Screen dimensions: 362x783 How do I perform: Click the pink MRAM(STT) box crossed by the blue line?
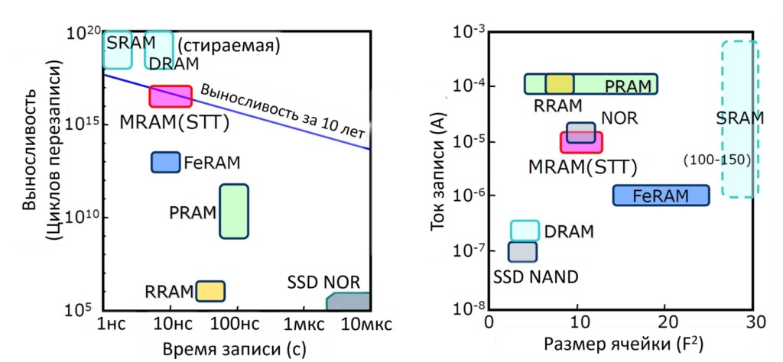170,96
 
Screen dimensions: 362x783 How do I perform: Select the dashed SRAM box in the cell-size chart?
739,119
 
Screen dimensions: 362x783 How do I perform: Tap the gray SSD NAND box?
523,250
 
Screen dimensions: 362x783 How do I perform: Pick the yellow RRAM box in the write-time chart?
210,291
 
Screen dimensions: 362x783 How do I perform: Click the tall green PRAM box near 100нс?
234,212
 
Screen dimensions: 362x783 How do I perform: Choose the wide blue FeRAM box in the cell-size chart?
661,196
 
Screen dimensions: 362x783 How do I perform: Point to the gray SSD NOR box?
349,302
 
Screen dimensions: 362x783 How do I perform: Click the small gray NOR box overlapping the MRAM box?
580,132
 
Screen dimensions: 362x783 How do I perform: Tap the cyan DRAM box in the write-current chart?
525,230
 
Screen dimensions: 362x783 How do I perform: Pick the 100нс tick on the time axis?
236,325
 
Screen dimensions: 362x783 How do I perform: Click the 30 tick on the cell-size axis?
755,323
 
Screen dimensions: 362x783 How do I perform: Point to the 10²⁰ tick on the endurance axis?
84,34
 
